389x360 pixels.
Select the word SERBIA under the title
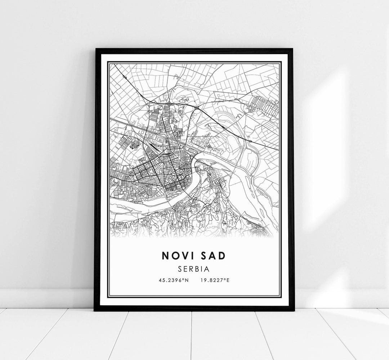coord(194,269)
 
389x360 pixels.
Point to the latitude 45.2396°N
coord(173,279)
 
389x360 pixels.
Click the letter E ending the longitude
coord(228,279)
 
